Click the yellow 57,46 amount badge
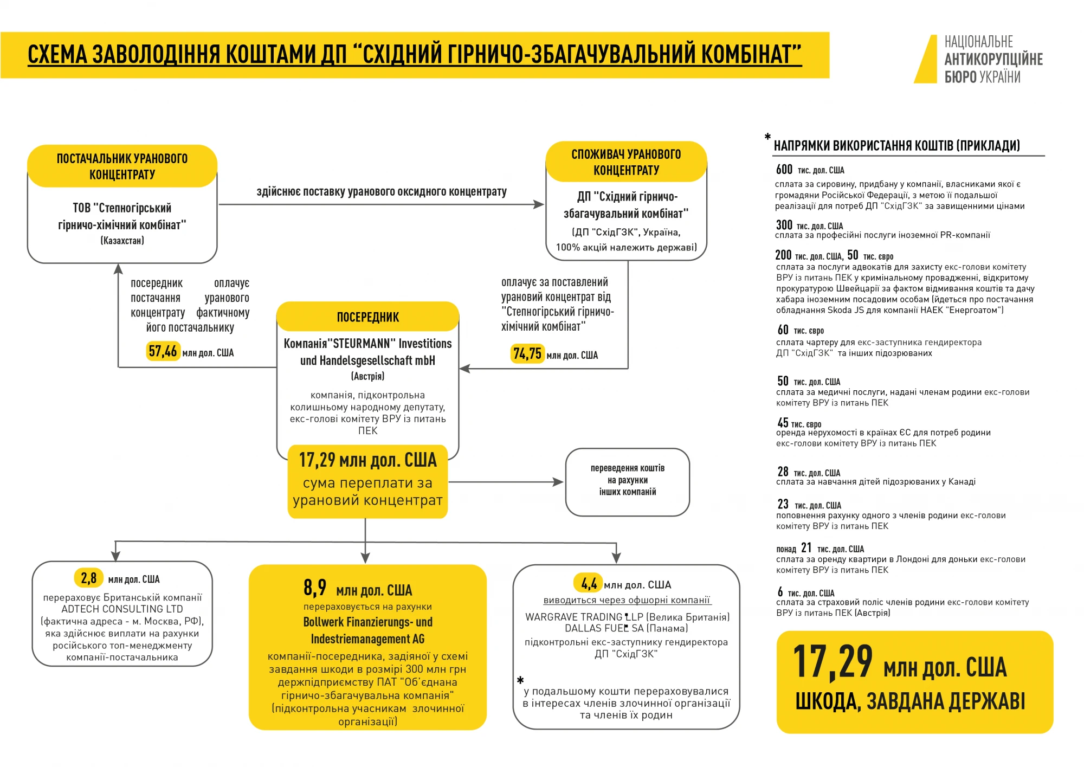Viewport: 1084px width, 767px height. [x=163, y=351]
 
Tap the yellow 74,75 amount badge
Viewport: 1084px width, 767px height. [x=527, y=354]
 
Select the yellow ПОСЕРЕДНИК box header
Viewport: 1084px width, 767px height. [x=367, y=317]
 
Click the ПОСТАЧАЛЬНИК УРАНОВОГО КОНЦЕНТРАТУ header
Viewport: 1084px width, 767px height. [x=122, y=166]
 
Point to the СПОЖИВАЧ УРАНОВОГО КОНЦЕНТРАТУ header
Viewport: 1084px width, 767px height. [x=626, y=162]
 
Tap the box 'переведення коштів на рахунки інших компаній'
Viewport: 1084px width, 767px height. [x=627, y=481]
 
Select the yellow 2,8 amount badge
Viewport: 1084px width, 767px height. [x=89, y=578]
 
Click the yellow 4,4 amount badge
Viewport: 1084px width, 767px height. [x=589, y=583]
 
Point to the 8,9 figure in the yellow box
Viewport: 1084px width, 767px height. [x=315, y=588]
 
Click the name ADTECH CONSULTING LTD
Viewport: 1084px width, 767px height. [x=122, y=609]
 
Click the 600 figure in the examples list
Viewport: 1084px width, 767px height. [x=784, y=170]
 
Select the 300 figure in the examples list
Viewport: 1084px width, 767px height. [x=784, y=225]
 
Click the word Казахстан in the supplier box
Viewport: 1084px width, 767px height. [x=122, y=241]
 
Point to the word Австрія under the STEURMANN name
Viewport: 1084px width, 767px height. [x=367, y=376]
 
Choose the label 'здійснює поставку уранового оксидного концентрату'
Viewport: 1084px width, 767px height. [x=382, y=191]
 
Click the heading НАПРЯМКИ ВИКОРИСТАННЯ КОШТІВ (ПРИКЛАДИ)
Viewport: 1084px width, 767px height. [x=896, y=145]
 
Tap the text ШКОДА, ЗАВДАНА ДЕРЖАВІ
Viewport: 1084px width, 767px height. [x=910, y=701]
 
